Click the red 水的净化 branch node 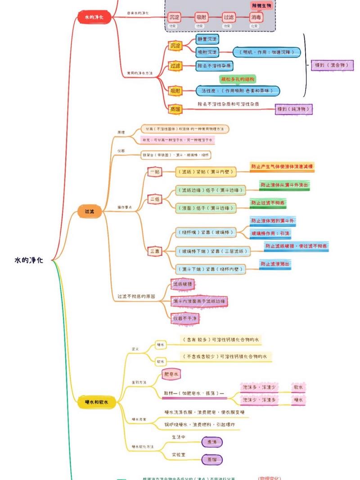click(94, 18)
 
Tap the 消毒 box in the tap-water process click(256, 18)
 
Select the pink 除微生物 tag click(261, 5)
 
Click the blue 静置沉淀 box click(207, 40)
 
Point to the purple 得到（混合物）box click(332, 66)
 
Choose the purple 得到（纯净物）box click(294, 109)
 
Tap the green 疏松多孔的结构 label click(238, 79)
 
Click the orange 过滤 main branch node click(90, 211)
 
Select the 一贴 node click(155, 171)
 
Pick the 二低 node click(155, 199)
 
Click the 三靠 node click(155, 251)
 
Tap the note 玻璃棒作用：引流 click(270, 233)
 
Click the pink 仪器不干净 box click(185, 318)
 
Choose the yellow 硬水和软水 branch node click(97, 402)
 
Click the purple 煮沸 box click(211, 442)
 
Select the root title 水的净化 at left click(29, 260)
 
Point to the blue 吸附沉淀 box click(207, 52)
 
